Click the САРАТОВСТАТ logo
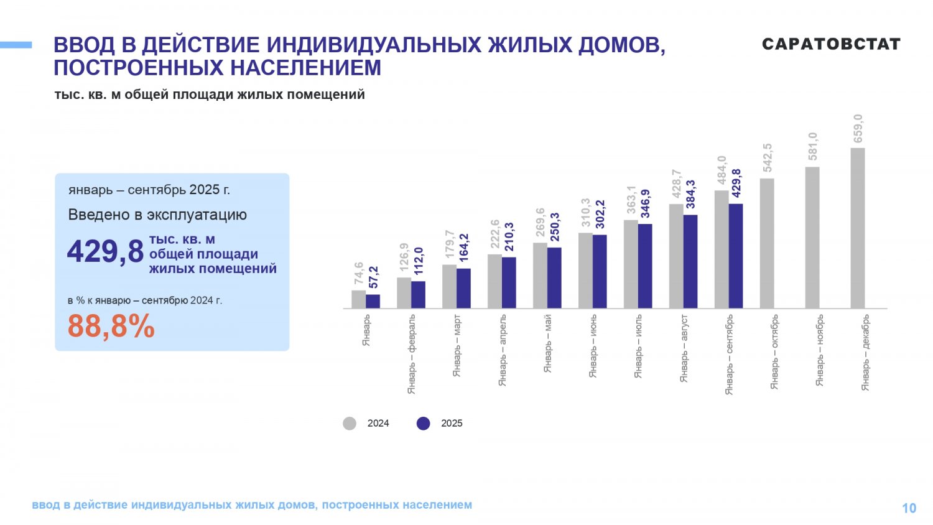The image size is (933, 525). [831, 44]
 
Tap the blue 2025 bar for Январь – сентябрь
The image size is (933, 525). [736, 256]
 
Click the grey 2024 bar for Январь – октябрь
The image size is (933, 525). [767, 243]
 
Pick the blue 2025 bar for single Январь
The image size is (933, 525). [373, 301]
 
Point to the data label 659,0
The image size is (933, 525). [858, 129]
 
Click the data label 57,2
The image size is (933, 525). [374, 277]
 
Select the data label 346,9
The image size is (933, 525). [646, 204]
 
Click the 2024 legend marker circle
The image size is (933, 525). [350, 424]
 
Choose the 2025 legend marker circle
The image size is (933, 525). [424, 424]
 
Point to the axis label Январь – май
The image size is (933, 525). [548, 343]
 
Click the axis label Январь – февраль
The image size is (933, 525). [412, 353]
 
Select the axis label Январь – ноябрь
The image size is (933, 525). [820, 350]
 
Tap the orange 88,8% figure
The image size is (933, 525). [111, 326]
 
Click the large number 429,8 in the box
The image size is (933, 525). [105, 252]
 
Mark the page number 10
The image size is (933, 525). [909, 508]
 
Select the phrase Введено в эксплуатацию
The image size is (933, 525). [157, 215]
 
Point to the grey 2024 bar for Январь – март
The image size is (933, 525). [449, 286]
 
